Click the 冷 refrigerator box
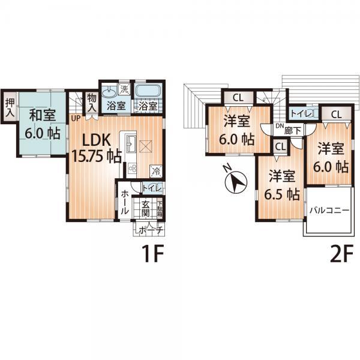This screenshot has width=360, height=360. tap(155, 170)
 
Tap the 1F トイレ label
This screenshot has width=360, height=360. tap(152, 188)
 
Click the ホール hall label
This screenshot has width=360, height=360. tap(124, 203)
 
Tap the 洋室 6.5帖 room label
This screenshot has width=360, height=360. tap(281, 185)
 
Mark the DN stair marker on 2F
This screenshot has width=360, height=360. tap(279, 126)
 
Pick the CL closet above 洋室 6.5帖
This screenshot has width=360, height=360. tap(279, 145)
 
